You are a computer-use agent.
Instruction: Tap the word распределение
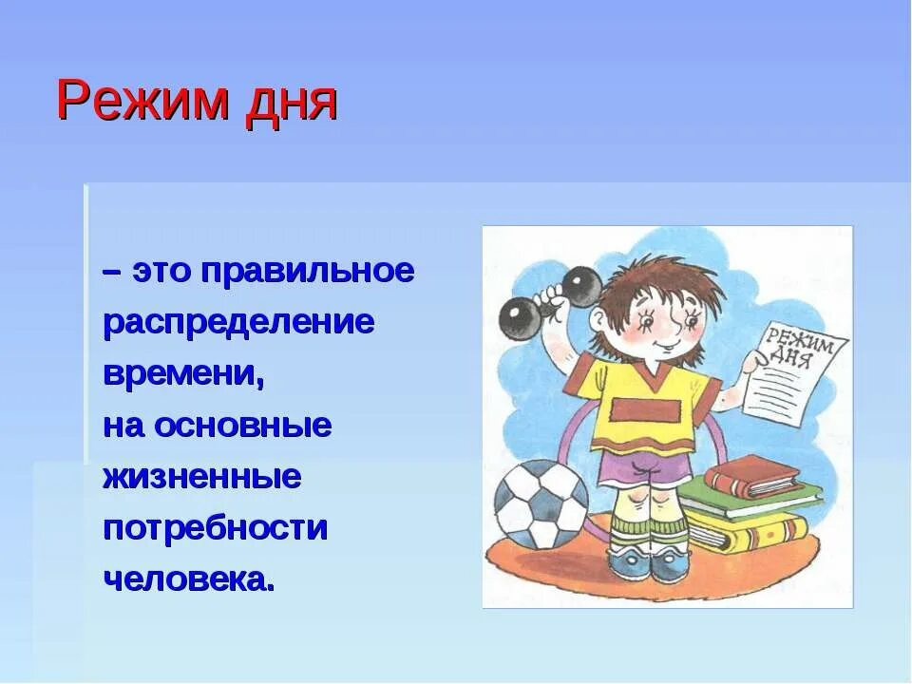click(x=238, y=323)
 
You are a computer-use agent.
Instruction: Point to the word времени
click(x=182, y=374)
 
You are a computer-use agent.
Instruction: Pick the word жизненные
click(x=201, y=477)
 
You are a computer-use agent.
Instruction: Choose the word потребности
click(x=215, y=528)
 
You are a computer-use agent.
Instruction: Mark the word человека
click(x=188, y=579)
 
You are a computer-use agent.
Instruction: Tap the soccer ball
click(x=539, y=503)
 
